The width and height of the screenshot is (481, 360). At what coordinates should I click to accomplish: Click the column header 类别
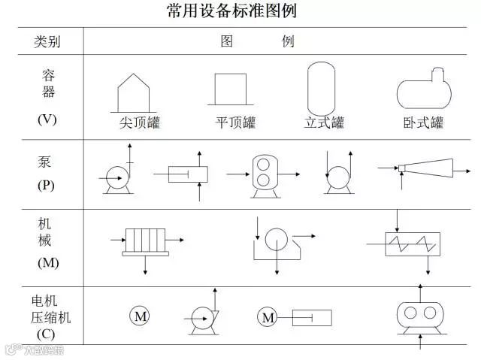(47, 41)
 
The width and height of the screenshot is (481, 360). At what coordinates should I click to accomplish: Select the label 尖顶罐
(140, 123)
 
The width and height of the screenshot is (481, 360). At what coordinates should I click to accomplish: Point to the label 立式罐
(324, 123)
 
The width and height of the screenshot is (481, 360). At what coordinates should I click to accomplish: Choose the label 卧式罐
(422, 123)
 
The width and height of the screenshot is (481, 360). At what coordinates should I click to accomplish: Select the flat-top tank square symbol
(230, 89)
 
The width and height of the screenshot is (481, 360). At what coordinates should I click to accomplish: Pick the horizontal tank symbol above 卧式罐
(423, 90)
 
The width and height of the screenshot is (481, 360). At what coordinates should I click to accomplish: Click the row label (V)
(47, 119)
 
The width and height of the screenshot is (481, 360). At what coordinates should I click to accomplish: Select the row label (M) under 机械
(47, 263)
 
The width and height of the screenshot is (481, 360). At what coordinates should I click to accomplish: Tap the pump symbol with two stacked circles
(263, 174)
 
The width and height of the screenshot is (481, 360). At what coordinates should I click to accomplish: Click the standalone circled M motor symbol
(140, 317)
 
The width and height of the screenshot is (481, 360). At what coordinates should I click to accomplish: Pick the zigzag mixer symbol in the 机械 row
(412, 244)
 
